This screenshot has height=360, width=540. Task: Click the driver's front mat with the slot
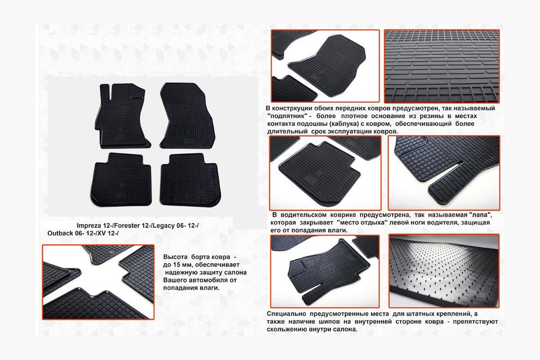coord(122,116)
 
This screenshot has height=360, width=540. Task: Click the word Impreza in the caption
coord(89,226)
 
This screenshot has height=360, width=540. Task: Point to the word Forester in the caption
coord(127,226)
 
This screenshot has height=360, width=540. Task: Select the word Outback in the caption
coord(60,233)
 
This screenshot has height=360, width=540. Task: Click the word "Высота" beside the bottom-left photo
coord(175,257)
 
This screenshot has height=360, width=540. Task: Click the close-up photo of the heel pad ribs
coord(442,66)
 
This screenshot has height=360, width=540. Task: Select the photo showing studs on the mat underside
coord(444,271)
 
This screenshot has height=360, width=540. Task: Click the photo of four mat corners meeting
coord(98,282)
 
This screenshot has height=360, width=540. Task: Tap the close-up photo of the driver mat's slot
coord(444,173)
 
